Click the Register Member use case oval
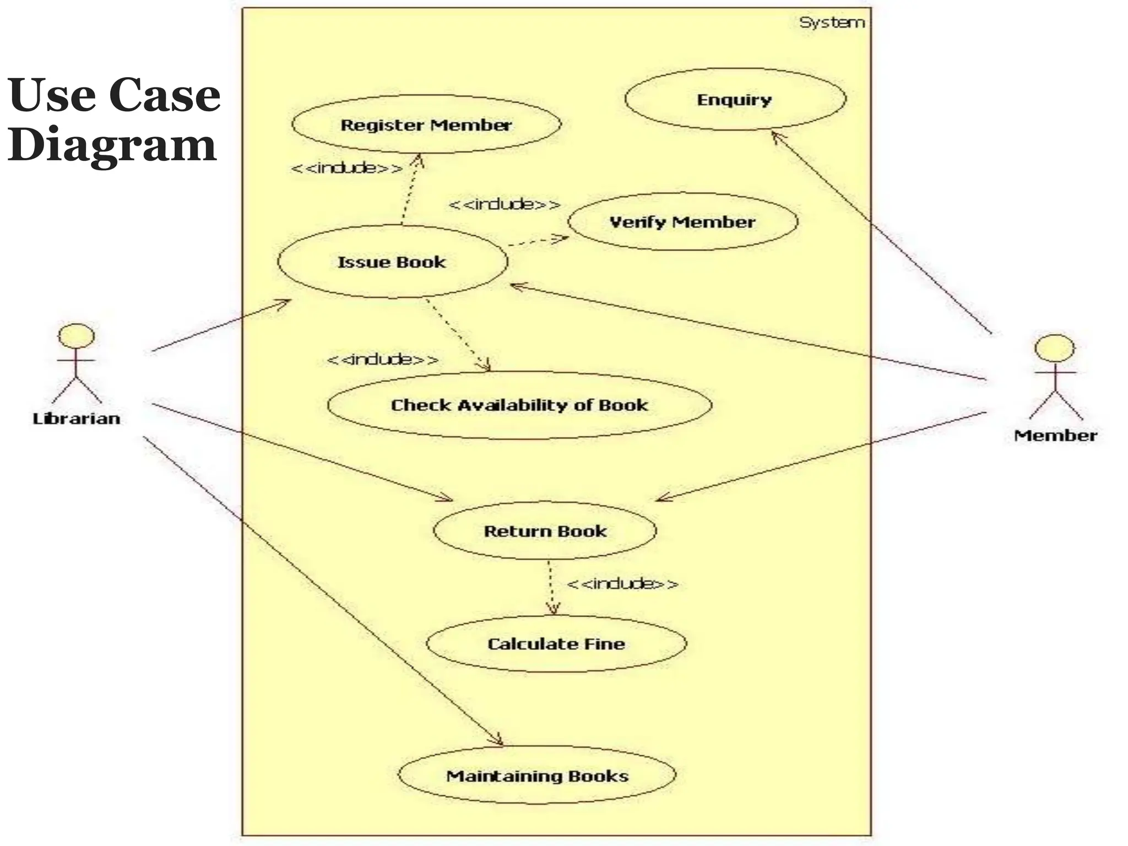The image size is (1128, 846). point(426,125)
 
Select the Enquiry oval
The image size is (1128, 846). point(734,100)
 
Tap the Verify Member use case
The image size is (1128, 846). point(682,222)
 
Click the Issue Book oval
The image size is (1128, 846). point(392,262)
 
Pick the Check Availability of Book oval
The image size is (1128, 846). point(519,405)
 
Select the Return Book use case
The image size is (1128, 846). point(545,531)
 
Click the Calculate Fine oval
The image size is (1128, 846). point(556,644)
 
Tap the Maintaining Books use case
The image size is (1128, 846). point(537,776)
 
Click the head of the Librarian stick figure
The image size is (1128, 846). point(77,335)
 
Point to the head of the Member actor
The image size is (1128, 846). point(1054,349)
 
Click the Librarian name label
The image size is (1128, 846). point(77,419)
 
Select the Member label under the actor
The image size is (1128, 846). point(1055,436)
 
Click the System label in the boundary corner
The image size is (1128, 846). point(832,23)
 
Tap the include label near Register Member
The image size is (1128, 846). point(347,167)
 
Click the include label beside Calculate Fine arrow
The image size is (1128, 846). point(622,583)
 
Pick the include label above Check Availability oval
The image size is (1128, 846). point(383,360)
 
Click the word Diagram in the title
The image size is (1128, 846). point(112,144)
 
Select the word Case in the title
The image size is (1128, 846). point(165,95)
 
